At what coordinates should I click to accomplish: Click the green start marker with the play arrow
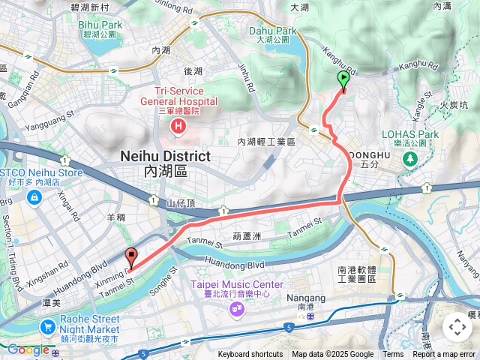tap(343, 79)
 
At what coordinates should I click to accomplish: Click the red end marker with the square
tap(131, 257)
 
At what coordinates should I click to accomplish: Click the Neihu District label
tap(165, 156)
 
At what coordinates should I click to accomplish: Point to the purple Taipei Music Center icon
tap(237, 308)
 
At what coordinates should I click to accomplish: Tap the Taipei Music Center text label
tap(236, 284)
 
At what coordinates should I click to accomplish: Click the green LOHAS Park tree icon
tap(410, 158)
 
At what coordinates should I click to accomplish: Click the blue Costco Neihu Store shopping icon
tap(34, 197)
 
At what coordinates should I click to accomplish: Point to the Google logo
tap(28, 349)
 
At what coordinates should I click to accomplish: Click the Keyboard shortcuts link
tap(250, 355)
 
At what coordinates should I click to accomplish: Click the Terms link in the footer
tap(393, 355)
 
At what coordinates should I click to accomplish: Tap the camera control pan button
tap(457, 327)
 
